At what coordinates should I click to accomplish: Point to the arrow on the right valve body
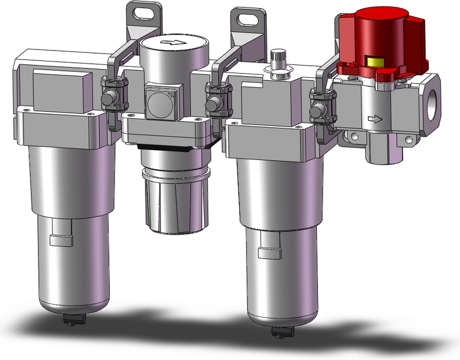[x=374, y=120]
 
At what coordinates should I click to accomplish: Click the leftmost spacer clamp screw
[x=108, y=102]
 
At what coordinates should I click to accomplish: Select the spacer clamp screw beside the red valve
[x=316, y=109]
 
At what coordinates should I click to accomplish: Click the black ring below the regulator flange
[x=170, y=151]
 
